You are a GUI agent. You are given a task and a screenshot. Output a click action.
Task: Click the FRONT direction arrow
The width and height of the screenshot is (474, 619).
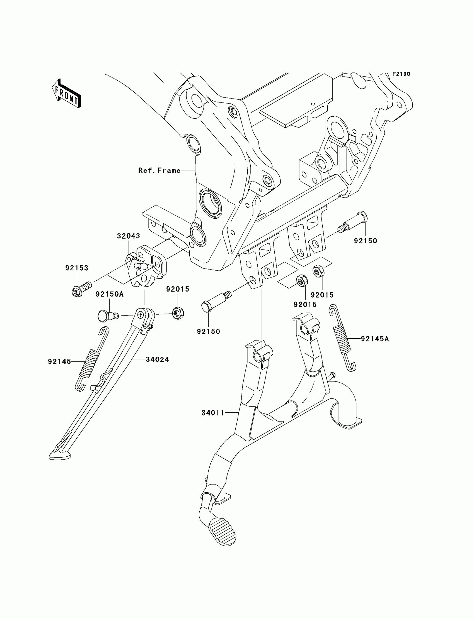point(67,94)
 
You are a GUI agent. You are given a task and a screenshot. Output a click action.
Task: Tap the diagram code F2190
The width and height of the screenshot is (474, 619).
point(401,74)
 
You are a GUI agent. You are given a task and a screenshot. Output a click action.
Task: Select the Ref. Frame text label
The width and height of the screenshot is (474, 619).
point(159,170)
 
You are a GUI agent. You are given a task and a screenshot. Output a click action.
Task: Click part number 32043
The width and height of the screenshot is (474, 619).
point(129,236)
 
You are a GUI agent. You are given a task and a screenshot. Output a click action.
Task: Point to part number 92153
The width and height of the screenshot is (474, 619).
point(77,268)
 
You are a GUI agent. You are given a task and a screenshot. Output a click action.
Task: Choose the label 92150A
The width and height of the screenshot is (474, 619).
point(110,294)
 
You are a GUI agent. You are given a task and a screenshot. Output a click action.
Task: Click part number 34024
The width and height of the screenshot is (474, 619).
point(158,359)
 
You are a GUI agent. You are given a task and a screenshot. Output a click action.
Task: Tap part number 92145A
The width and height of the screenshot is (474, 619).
point(375,339)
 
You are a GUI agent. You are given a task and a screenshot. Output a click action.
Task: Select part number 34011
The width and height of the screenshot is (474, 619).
point(213,413)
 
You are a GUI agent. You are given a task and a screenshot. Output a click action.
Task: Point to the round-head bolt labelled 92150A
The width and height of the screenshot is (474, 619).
point(107,315)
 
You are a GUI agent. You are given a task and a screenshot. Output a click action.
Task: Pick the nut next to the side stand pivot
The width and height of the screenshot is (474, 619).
point(178,313)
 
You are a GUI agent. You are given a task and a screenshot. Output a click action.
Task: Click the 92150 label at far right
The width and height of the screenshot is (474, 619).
point(365,241)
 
